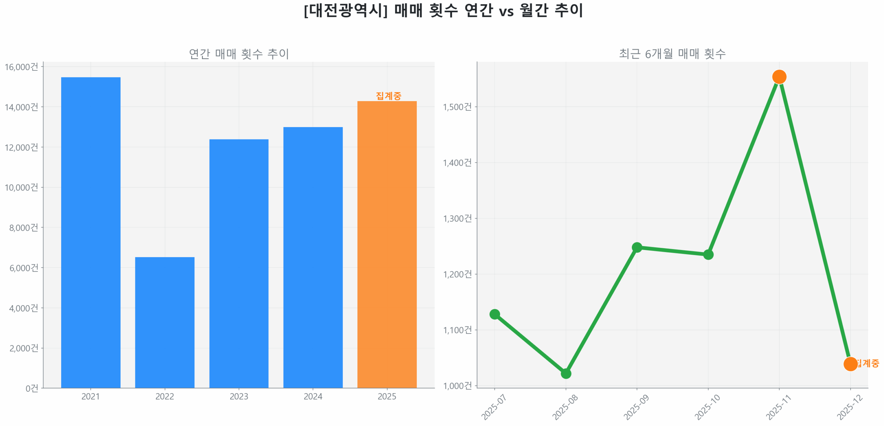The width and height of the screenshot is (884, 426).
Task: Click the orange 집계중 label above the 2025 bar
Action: click(388, 96)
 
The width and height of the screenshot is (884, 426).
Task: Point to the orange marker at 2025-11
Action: click(779, 77)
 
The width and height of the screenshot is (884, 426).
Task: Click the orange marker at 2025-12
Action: click(850, 364)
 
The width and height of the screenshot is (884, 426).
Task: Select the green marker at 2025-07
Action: click(494, 314)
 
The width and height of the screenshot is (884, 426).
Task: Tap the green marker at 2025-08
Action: click(566, 373)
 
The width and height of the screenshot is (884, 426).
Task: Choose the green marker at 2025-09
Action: click(637, 247)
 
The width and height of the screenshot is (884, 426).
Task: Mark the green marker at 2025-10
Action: click(708, 254)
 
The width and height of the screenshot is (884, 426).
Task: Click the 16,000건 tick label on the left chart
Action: click(21, 67)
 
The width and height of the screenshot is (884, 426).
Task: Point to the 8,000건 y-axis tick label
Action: click(23, 227)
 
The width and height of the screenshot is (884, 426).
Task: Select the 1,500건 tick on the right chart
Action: click(457, 107)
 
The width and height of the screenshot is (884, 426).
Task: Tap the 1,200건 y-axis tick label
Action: click(457, 274)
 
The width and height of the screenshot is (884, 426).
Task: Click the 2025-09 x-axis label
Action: click(636, 407)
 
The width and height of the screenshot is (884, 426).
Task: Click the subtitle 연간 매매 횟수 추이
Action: click(239, 54)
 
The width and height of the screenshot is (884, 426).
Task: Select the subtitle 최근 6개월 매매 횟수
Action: click(672, 54)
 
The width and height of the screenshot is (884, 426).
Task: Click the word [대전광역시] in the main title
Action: click(346, 10)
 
